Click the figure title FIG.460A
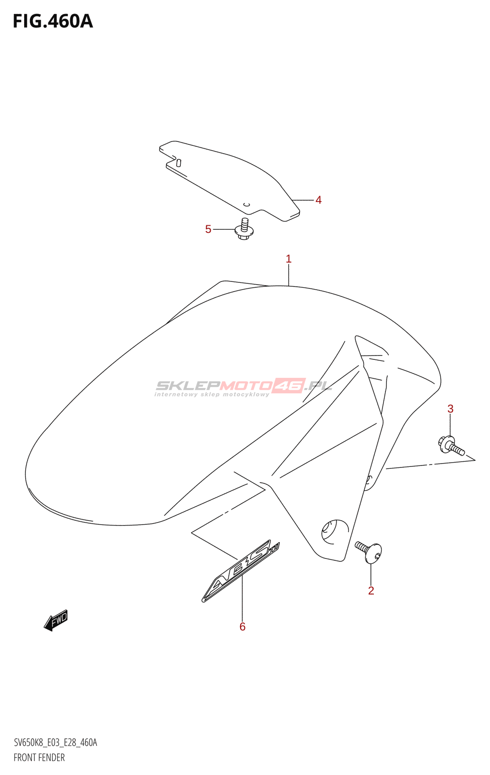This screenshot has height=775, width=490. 53,22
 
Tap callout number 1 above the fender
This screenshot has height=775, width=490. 289,259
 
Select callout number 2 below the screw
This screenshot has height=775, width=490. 371,590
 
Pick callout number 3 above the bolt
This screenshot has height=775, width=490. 450,409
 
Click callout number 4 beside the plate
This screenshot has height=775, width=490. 318,200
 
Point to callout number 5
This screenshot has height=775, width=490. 208,229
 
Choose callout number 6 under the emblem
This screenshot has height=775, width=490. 243,627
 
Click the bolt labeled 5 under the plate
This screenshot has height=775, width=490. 244,229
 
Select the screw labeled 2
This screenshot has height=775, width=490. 370,552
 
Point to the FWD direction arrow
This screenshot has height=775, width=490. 56,620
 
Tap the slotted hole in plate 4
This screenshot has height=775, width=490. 178,163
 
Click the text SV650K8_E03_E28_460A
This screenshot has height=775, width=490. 55,743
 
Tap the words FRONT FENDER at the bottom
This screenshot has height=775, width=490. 39,758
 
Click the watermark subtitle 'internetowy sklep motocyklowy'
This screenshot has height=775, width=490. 212,394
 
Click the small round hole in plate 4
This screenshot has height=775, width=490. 246,204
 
